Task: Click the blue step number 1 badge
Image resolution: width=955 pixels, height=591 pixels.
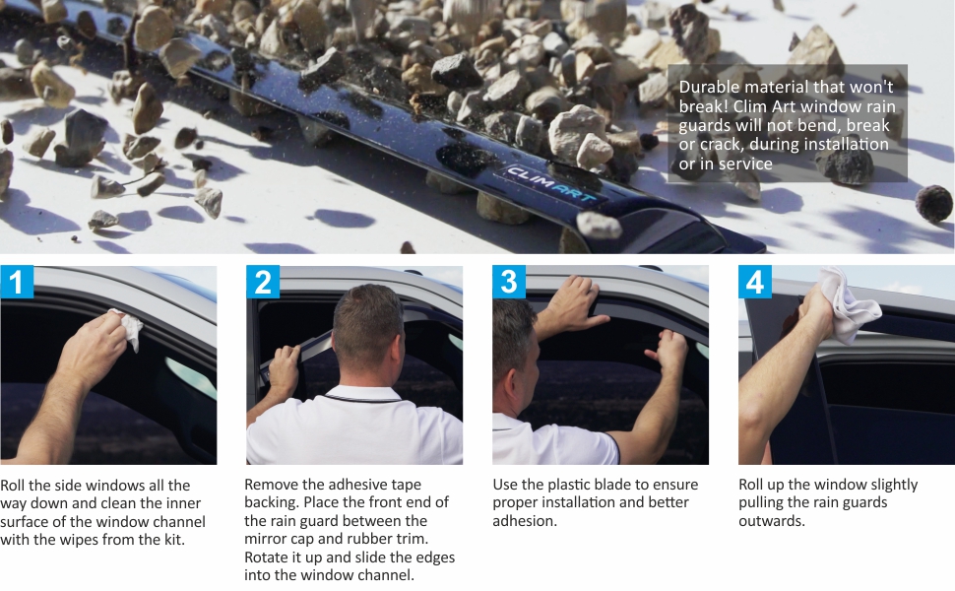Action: pyautogui.click(x=17, y=282)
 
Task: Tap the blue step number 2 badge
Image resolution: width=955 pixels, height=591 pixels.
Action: pyautogui.click(x=263, y=282)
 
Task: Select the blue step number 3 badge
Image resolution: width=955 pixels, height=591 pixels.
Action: pyautogui.click(x=509, y=282)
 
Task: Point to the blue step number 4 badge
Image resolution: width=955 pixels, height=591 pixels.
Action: pyautogui.click(x=755, y=282)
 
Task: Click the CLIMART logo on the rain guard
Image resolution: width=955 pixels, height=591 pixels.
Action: pyautogui.click(x=551, y=184)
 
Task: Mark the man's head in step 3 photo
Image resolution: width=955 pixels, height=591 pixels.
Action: pyautogui.click(x=515, y=341)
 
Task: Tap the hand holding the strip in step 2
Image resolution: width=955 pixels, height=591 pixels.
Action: pyautogui.click(x=285, y=368)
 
